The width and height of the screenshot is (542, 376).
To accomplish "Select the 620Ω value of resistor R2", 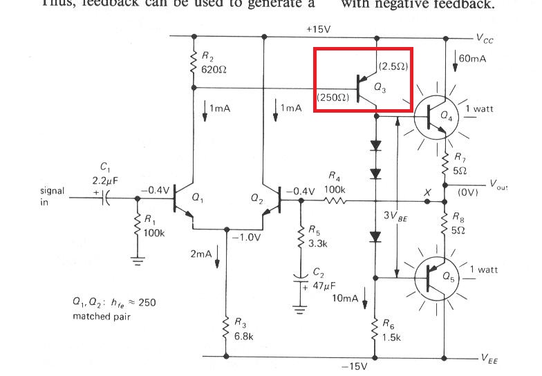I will point(211,70).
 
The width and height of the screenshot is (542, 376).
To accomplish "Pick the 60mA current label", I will point(473,59).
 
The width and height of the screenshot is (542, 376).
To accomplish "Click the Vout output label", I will point(497,185).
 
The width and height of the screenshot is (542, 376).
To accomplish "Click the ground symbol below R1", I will point(138,261).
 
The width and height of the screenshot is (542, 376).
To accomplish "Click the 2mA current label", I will point(200,254).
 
